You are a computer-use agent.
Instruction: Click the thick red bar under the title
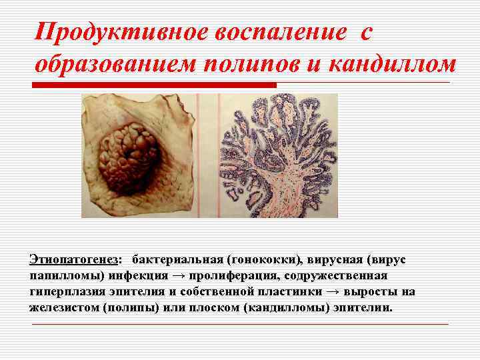coord(154,85)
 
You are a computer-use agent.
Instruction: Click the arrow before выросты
coord(333,292)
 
